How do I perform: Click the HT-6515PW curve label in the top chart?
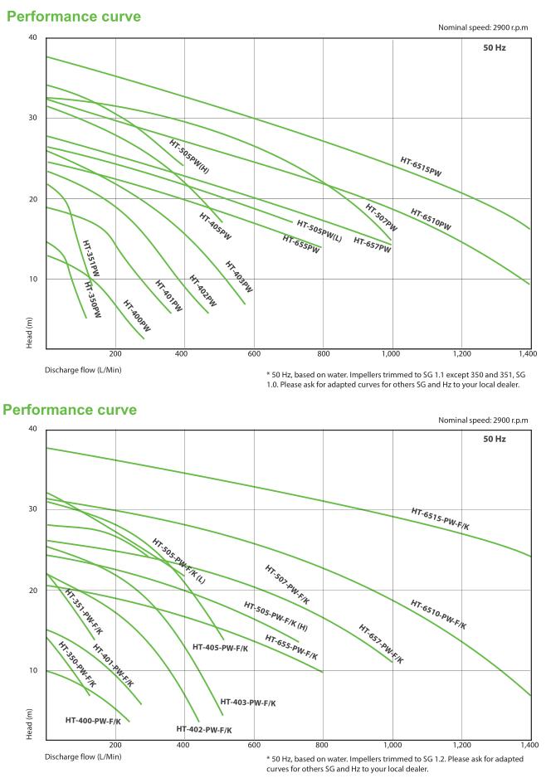point(421,167)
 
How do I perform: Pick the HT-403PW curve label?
point(239,276)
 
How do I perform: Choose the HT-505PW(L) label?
point(319,230)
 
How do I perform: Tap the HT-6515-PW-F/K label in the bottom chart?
point(441,518)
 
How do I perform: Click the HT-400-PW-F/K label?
point(93,721)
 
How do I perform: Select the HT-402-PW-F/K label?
point(204,729)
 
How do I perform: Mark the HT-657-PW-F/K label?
point(381,644)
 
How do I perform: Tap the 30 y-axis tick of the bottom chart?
point(33,508)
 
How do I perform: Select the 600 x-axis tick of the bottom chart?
point(254,744)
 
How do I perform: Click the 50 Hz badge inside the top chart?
point(495,48)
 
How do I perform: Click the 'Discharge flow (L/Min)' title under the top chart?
point(83,369)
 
